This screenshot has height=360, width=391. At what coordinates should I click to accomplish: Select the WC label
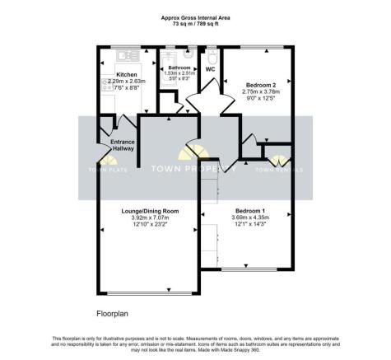210,68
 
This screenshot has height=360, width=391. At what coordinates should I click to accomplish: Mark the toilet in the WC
212,56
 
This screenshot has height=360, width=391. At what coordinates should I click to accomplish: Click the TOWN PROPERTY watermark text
194,169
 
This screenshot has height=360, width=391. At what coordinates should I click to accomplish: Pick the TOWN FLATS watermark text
108,171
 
